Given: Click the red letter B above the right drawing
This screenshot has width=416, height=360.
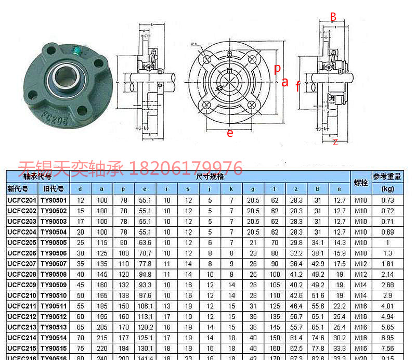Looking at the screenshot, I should (333, 17).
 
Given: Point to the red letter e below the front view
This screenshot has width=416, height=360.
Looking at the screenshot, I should (230, 133).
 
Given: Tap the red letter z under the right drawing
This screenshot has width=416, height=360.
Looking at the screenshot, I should (335, 142).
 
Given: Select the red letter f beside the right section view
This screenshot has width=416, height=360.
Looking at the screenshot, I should (297, 86).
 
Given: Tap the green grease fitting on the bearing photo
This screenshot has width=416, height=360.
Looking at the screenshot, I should (76, 50).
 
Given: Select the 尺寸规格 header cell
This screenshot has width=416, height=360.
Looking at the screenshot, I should (210, 177).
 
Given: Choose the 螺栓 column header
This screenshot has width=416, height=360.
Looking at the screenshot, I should (361, 183).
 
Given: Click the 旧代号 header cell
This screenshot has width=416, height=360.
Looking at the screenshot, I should (54, 189).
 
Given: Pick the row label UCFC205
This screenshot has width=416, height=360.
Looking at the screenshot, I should (22, 242).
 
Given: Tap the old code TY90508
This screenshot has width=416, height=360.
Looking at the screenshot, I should (54, 274).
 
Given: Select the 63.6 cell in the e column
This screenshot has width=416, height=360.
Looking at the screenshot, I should (145, 242).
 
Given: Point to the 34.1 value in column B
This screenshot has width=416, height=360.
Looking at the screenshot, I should (317, 242).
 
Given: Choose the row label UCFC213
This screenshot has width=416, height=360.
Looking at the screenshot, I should (22, 327).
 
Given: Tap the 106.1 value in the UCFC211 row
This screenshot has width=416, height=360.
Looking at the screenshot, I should (145, 306).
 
